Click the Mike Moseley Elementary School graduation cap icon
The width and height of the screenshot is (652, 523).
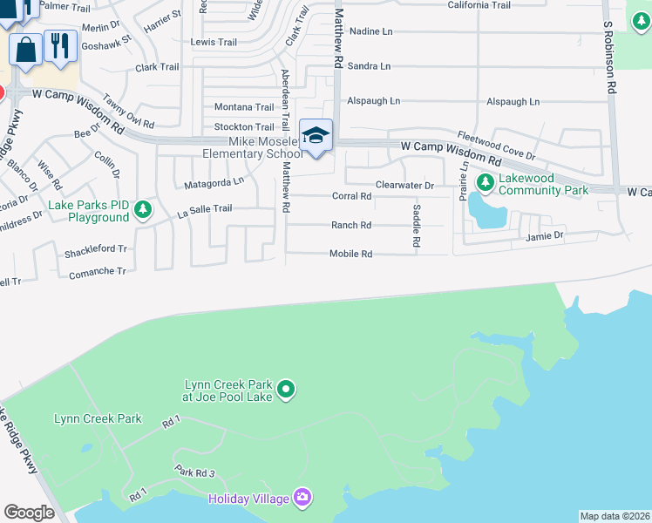click(316, 136)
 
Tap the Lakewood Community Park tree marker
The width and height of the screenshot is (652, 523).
click(486, 182)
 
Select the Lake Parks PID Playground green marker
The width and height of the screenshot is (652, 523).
click(143, 209)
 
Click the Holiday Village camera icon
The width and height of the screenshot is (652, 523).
click(302, 497)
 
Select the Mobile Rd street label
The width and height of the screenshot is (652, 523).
click(350, 255)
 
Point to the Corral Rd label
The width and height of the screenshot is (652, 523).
click(351, 196)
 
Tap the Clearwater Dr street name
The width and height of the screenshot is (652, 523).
click(404, 186)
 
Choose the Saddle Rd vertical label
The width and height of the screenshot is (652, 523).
click(417, 225)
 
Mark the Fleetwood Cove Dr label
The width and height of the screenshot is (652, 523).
click(496, 145)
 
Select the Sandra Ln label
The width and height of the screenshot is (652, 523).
click(369, 66)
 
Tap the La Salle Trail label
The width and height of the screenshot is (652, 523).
click(205, 209)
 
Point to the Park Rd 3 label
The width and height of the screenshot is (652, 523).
click(194, 472)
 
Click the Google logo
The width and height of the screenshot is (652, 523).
click(29, 513)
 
